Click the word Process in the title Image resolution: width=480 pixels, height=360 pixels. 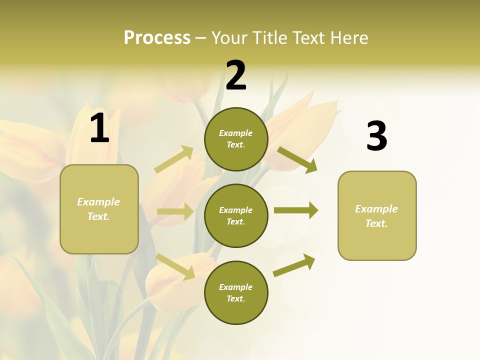click(x=157, y=38)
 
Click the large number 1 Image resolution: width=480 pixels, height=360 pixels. click(x=99, y=128)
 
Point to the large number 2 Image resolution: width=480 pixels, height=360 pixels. click(x=236, y=75)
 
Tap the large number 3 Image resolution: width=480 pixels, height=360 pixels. click(x=376, y=136)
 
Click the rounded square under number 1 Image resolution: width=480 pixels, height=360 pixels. click(x=99, y=209)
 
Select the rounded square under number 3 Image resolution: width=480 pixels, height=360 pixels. click(x=377, y=216)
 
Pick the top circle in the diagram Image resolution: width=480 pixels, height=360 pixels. click(x=236, y=139)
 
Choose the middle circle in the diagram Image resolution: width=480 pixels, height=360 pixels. click(x=236, y=216)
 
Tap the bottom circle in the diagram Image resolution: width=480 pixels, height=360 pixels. click(x=236, y=293)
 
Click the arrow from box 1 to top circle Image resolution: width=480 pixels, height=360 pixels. click(x=174, y=159)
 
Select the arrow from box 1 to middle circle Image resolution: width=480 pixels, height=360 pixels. click(x=175, y=211)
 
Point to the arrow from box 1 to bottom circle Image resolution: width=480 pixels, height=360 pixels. click(x=175, y=266)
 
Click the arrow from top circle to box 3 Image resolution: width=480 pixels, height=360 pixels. click(x=297, y=159)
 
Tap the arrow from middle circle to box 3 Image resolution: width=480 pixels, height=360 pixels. click(x=295, y=210)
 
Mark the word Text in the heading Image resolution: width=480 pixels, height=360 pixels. click(x=307, y=38)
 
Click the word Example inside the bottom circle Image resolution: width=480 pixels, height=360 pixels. click(x=236, y=287)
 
